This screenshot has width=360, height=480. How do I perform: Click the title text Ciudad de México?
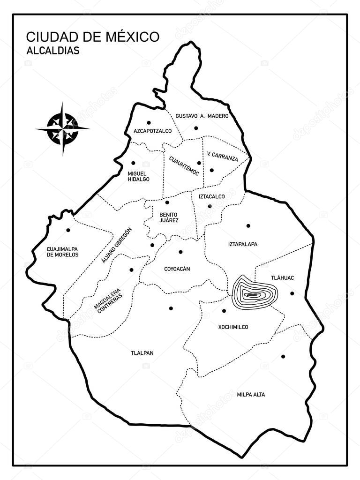coord(92,37)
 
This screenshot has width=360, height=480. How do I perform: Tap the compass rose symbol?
coord(62,128)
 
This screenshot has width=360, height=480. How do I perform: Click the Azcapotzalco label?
coord(152,131)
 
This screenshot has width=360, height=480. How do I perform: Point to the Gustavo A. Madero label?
coord(202,116)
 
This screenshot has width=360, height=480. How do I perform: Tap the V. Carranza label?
coord(222,156)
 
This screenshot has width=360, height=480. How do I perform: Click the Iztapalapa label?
coord(243,244)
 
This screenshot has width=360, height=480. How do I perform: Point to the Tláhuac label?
coord(283,278)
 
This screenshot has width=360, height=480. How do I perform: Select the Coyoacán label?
coord(177,269)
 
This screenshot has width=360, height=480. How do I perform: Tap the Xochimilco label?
coord(233,327)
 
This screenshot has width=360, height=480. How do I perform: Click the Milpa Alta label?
coord(251,395)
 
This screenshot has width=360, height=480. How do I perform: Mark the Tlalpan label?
coord(142,353)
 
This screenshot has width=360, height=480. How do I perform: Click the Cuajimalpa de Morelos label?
coord(62,252)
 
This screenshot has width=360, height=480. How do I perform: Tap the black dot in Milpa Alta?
coord(283,357)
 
